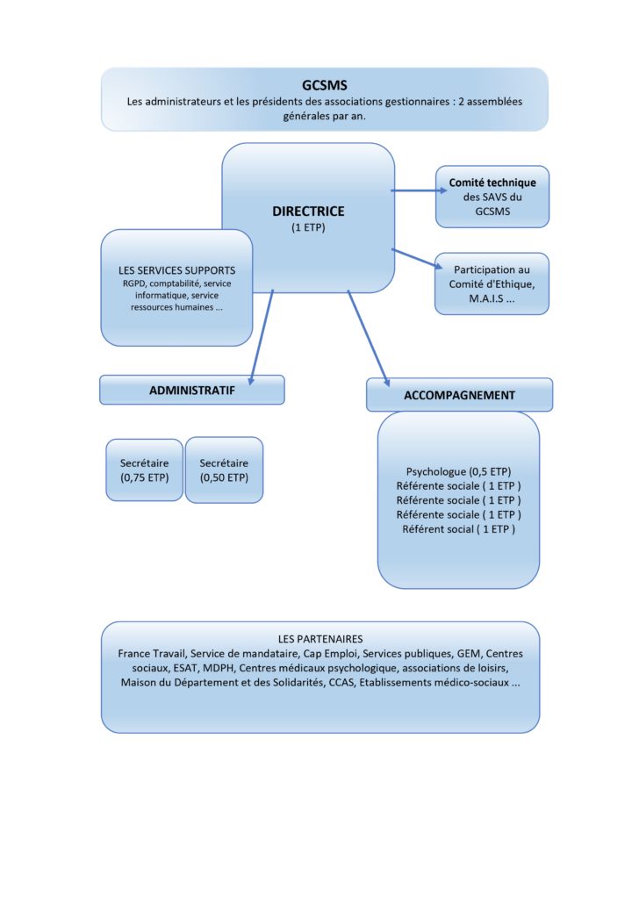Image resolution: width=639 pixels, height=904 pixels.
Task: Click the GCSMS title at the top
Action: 324,85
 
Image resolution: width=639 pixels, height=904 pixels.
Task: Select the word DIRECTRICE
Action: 308,212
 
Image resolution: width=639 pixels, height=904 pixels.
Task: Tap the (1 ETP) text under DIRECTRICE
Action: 308,227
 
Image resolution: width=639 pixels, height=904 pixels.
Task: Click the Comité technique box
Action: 492,197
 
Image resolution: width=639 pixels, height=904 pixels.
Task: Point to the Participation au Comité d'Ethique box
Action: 492,283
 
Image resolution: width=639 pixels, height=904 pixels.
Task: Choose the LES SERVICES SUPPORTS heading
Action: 177,270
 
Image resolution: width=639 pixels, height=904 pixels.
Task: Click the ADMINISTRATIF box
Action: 192,391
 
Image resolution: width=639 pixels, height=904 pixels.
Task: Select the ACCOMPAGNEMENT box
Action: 460,395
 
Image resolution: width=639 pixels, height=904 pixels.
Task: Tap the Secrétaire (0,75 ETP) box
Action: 144,470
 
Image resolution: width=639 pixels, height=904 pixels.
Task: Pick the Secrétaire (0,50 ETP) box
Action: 224,470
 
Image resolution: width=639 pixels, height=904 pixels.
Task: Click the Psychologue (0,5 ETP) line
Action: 458,471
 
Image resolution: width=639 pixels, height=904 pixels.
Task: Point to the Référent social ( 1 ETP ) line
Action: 458,529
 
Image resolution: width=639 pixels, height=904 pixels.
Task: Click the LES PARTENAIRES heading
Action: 320,639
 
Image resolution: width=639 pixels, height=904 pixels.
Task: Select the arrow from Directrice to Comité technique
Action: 419,190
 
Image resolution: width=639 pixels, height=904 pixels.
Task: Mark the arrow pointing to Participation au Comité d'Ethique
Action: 417,259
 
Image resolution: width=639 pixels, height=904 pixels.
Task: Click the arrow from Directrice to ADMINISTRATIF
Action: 261,338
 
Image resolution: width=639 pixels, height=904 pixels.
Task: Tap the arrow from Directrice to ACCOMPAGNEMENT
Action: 369,339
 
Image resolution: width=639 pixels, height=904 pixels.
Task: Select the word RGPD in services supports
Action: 133,283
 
